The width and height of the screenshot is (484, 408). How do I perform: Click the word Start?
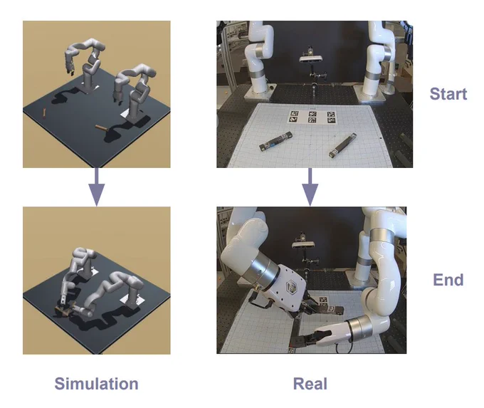(448, 93)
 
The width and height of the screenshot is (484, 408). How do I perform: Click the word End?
(448, 280)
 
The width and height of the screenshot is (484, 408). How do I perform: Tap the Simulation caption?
(96, 384)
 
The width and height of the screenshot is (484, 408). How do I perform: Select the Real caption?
(310, 384)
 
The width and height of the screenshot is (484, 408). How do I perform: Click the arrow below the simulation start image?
(96, 187)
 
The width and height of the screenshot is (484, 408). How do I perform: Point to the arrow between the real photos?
(310, 187)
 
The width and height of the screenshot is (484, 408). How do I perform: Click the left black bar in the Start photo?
(275, 142)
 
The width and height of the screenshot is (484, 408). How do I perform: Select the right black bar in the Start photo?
(342, 145)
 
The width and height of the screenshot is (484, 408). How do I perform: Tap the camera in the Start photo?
(311, 58)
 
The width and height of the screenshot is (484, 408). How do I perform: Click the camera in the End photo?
(303, 244)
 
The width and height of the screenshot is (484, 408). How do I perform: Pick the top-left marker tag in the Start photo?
(294, 114)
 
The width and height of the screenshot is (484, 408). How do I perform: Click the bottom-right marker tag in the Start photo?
(331, 120)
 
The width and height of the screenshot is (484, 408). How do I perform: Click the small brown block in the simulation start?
(44, 113)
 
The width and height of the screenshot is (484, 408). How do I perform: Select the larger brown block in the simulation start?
(101, 128)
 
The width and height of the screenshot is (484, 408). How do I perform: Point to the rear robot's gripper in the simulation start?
(70, 68)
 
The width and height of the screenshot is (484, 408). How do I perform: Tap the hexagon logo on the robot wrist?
(291, 287)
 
